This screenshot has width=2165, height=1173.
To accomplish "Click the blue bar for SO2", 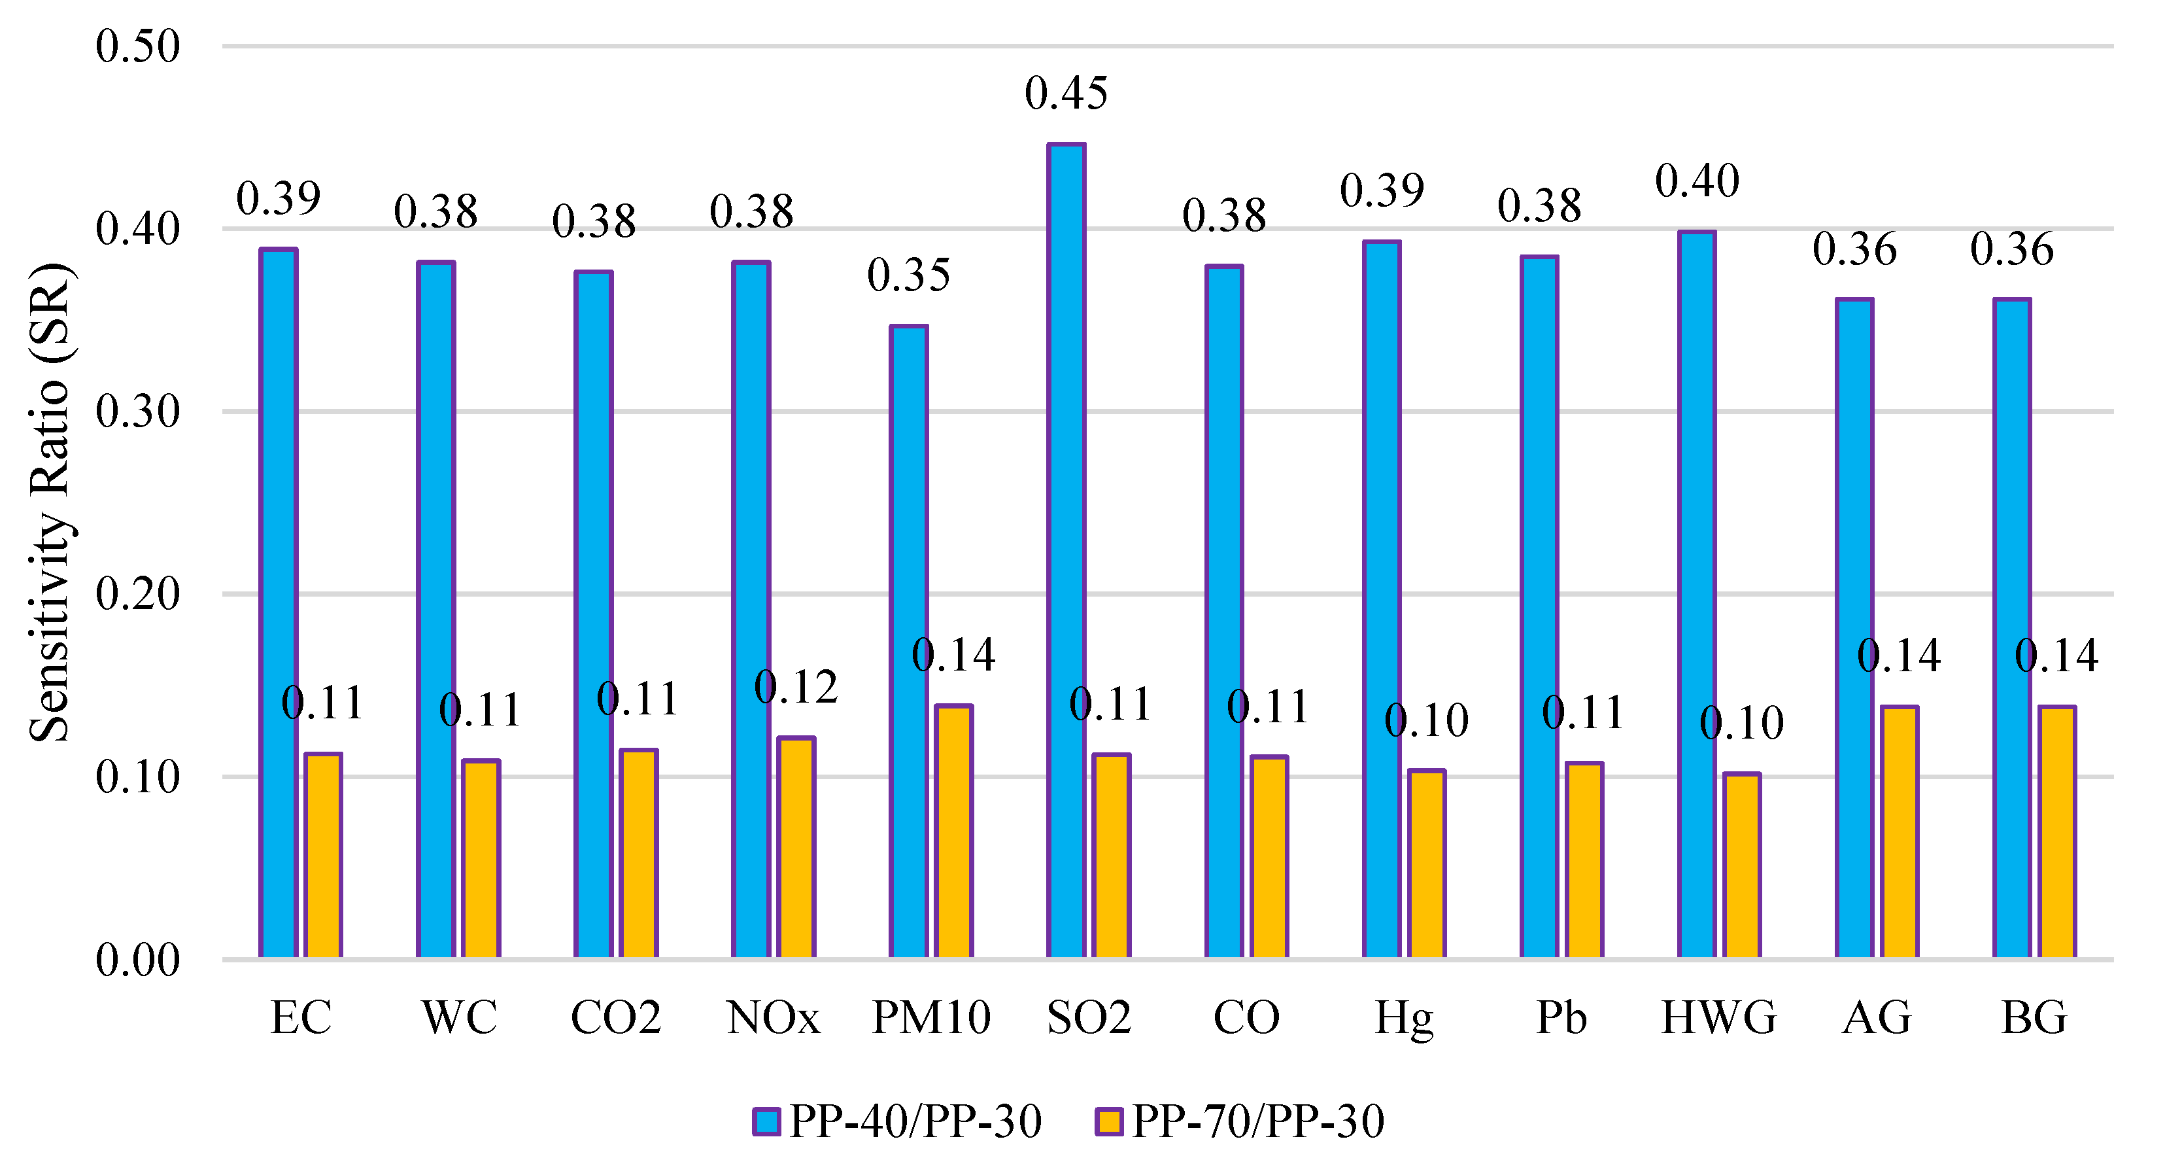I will (x=1066, y=551).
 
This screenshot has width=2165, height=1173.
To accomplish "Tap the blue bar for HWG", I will (x=1697, y=595).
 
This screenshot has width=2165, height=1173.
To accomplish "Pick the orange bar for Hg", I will (x=1427, y=864).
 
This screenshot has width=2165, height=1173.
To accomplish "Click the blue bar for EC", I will (x=278, y=603).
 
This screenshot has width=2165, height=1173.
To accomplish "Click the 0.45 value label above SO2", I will (x=1066, y=94).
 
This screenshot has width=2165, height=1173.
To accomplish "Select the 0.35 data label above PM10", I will (x=908, y=275).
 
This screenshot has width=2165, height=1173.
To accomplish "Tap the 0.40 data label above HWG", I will (x=1697, y=181).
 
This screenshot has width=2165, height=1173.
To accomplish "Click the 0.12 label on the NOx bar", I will (x=796, y=688).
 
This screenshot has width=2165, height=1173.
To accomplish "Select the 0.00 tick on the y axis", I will (x=137, y=960).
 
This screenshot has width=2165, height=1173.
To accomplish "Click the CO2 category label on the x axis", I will (x=615, y=1017).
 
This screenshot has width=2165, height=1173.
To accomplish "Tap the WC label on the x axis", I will (x=459, y=1017).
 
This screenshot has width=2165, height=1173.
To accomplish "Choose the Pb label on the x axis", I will (x=1561, y=1017).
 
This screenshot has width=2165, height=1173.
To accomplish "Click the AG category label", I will (x=1877, y=1017).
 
